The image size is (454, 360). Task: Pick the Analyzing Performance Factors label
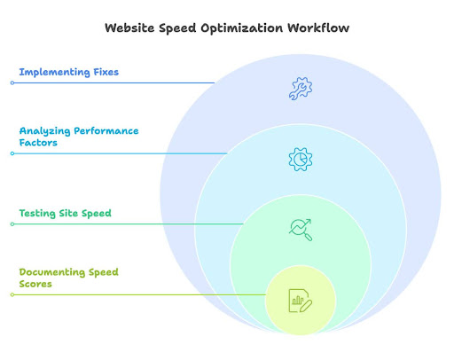click(x=78, y=136)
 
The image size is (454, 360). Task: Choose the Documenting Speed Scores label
click(x=67, y=277)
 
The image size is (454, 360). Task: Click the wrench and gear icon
click(x=301, y=87)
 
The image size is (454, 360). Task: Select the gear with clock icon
click(x=301, y=158)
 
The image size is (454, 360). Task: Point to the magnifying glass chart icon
click(x=301, y=229)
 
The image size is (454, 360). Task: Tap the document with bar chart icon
click(x=301, y=301)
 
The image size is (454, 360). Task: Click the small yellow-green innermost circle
click(x=301, y=319)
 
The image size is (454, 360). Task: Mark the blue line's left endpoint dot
click(x=12, y=82)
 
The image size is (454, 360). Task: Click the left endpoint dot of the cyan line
click(x=12, y=153)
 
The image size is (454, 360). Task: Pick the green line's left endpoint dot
click(x=12, y=224)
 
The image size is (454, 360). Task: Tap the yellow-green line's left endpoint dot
click(x=12, y=294)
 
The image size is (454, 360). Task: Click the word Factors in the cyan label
click(x=38, y=142)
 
